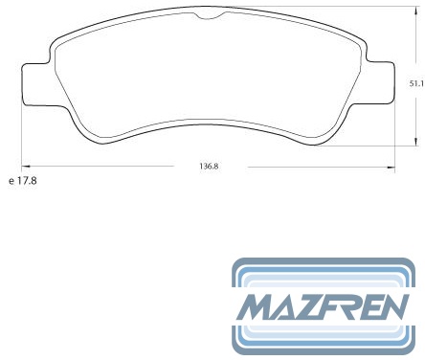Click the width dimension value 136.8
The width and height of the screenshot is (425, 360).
click(209, 167)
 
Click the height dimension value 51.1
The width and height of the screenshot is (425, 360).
click(416, 84)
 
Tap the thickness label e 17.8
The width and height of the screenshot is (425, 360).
click(23, 181)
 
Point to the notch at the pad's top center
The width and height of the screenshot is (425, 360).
click(210, 15)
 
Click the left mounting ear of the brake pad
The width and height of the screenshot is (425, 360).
click(35, 84)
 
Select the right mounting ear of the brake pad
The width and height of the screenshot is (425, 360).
click(380, 82)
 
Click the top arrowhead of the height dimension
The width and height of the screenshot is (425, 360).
click(415, 11)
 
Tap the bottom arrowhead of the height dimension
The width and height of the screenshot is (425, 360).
click(415, 142)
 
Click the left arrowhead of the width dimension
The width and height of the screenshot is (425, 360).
click(26, 167)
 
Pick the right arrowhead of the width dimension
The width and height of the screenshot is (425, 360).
click(391, 167)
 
